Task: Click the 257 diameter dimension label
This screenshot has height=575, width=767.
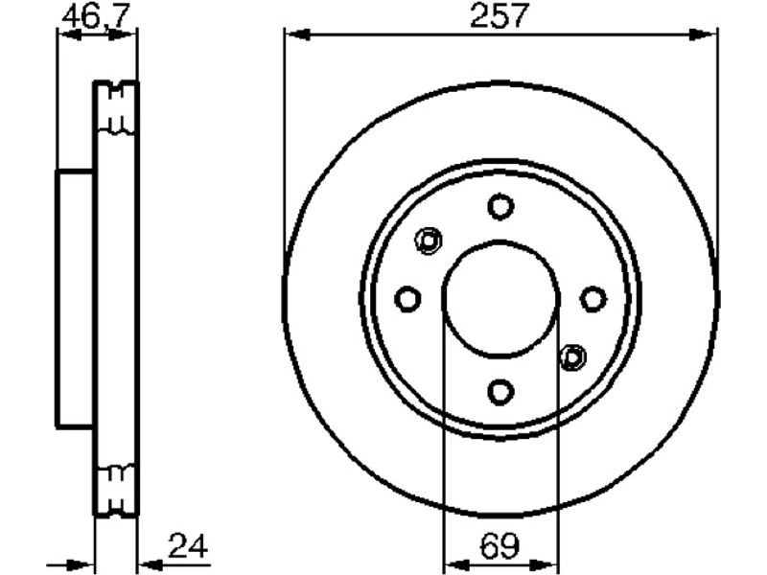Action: click(x=500, y=14)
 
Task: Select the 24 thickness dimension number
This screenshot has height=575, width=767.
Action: click(x=188, y=545)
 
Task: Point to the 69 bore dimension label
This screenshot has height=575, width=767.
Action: click(x=500, y=545)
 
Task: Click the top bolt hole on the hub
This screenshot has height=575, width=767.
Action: click(x=500, y=206)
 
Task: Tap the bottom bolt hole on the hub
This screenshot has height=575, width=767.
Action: click(x=500, y=392)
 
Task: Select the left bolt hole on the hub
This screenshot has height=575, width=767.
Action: click(x=407, y=299)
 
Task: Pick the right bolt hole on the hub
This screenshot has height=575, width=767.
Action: click(x=593, y=299)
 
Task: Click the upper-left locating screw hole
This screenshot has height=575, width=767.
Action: click(x=429, y=241)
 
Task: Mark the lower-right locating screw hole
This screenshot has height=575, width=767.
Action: click(x=572, y=357)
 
